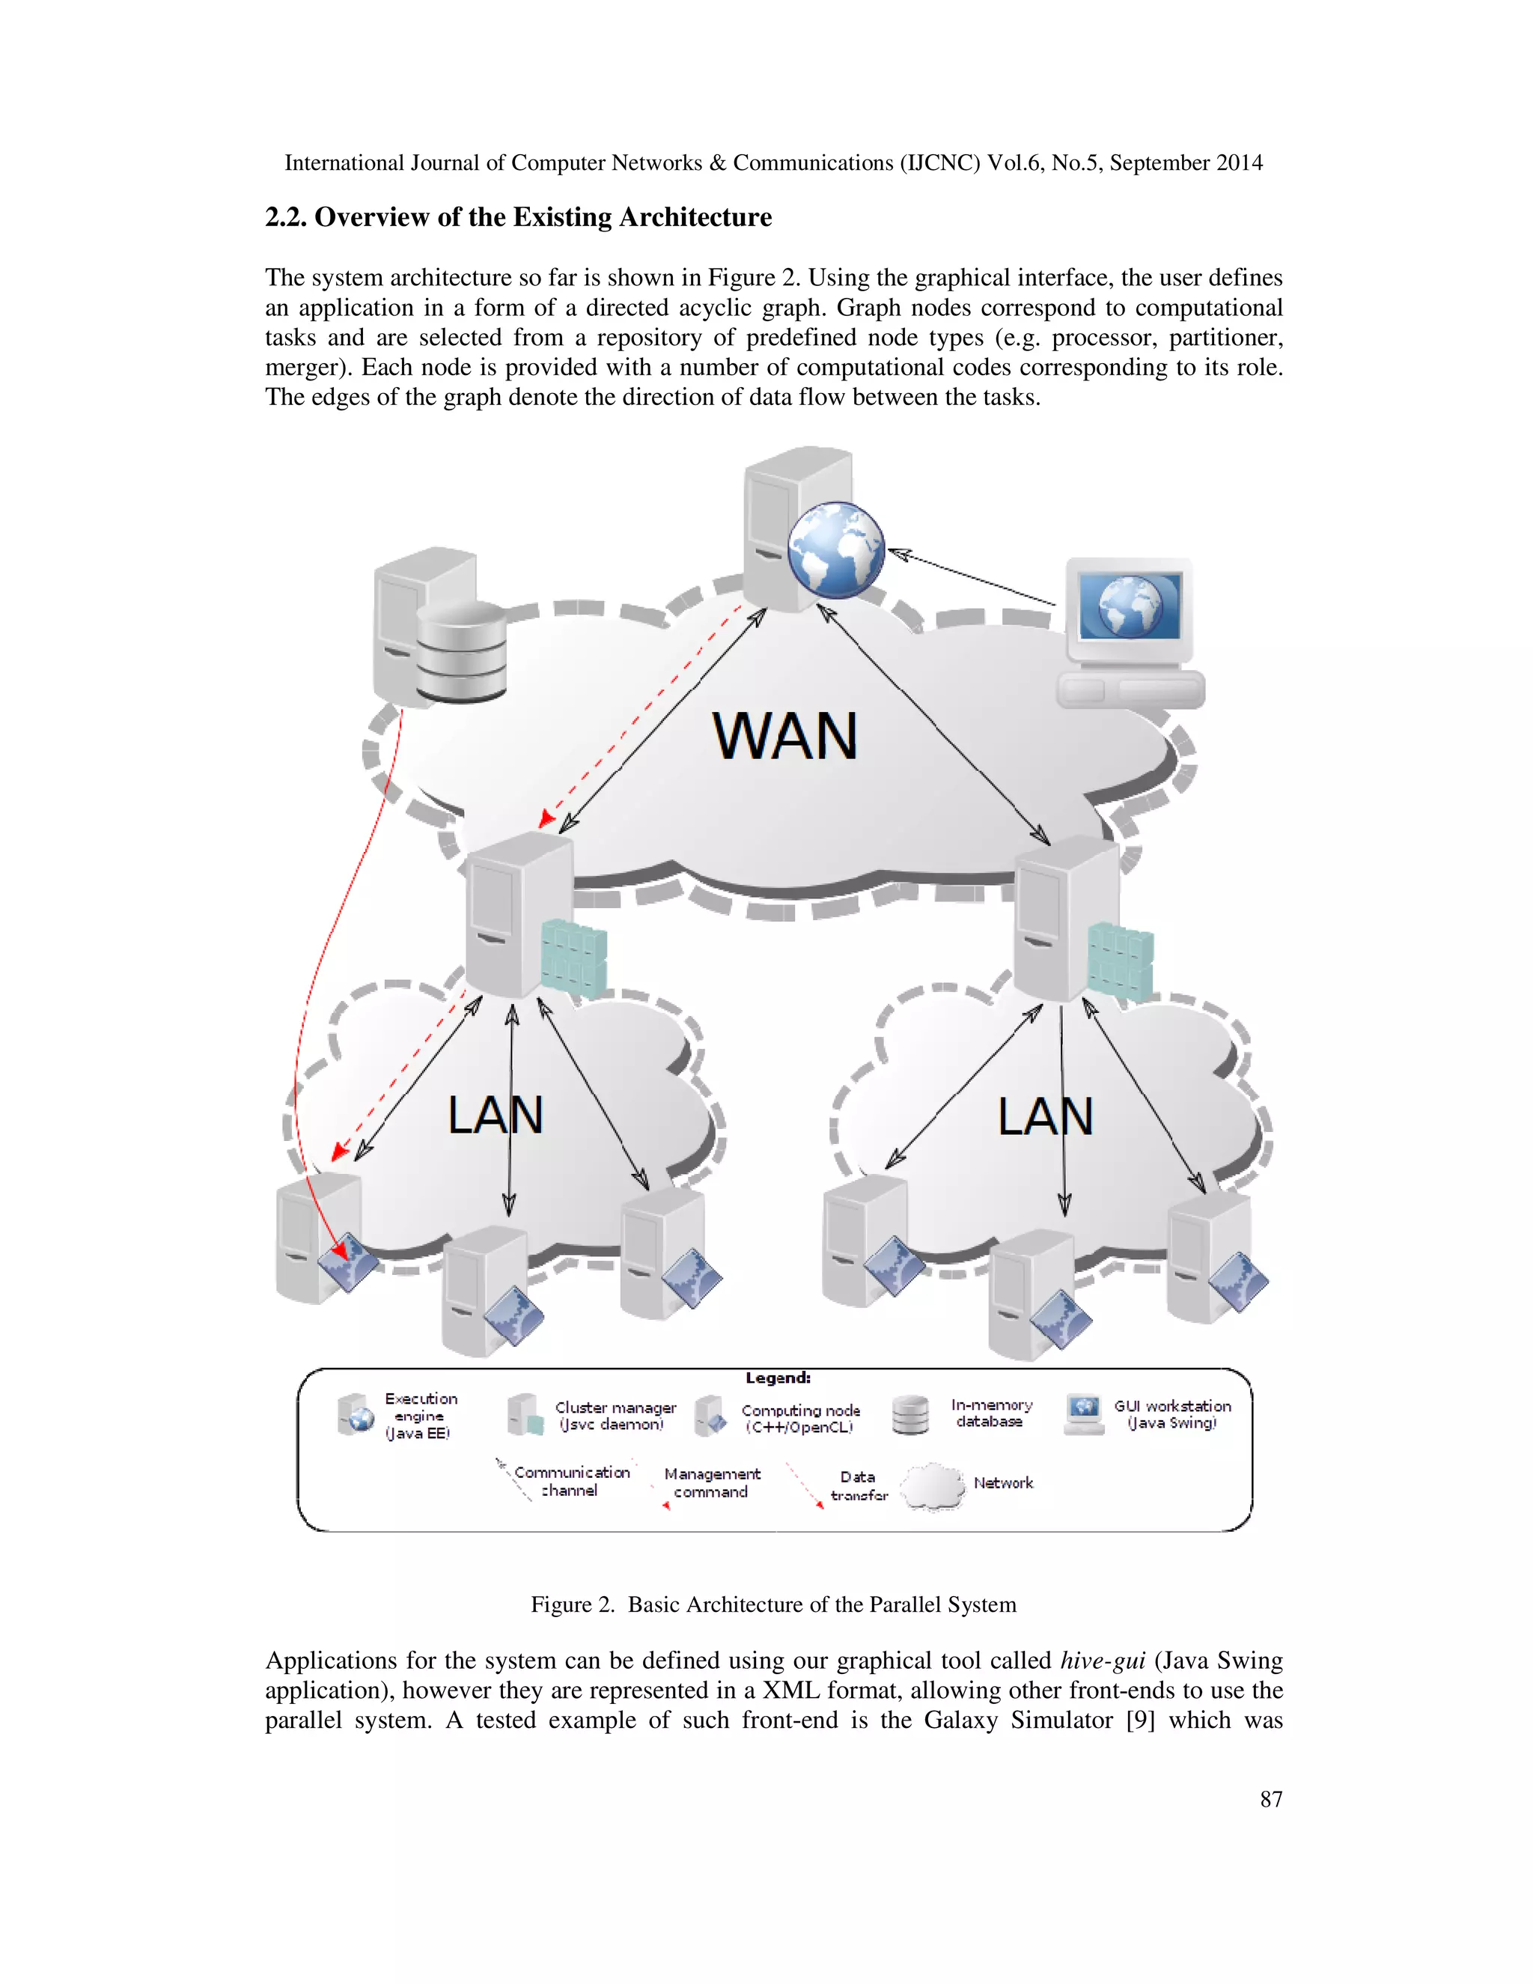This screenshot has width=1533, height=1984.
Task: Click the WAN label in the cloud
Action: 784,736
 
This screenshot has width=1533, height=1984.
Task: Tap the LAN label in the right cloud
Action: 1045,1116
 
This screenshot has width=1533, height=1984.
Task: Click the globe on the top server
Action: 835,550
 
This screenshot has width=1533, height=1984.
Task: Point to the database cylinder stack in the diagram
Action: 460,651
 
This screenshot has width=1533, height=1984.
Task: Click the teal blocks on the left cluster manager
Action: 573,958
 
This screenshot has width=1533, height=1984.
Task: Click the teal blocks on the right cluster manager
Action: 1121,961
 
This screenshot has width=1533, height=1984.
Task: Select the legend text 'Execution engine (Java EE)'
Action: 420,1415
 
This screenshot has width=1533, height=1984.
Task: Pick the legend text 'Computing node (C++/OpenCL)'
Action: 800,1418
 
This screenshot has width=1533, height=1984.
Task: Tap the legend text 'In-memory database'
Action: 991,1413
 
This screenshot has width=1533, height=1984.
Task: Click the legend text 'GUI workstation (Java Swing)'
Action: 1172,1414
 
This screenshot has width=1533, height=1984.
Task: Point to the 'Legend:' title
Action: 778,1378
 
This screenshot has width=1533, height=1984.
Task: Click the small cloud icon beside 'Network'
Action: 933,1486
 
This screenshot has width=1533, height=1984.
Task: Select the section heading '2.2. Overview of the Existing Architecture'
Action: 518,217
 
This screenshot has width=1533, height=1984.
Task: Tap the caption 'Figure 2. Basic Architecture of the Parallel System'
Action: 772,1604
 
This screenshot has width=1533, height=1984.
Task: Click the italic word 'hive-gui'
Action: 1103,1661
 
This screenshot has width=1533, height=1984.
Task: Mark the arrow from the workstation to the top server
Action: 972,578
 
